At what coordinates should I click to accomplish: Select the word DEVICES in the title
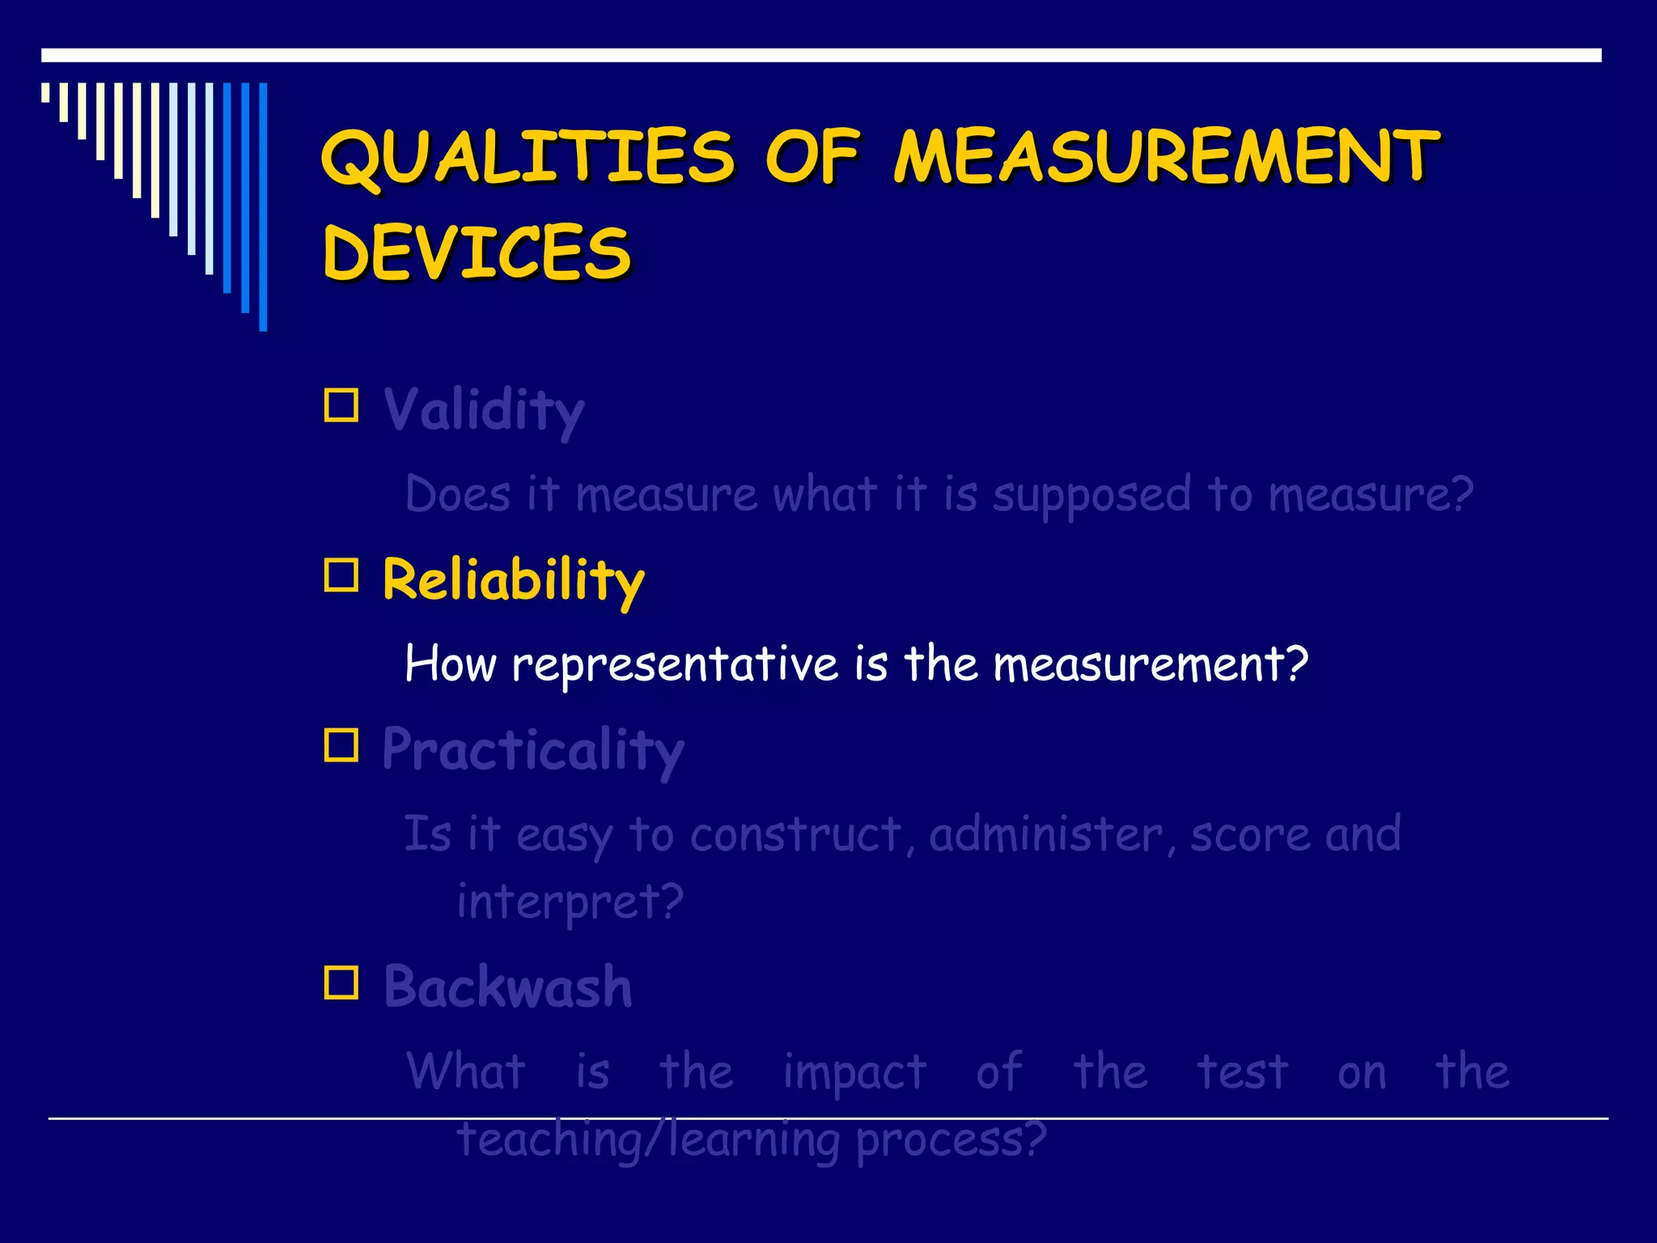pyautogui.click(x=477, y=253)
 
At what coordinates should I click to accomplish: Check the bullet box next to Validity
pyautogui.click(x=341, y=405)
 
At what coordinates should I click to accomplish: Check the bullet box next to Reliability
pyautogui.click(x=341, y=575)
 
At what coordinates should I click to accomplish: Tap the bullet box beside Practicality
pyautogui.click(x=341, y=745)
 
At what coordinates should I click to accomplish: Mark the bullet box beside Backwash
pyautogui.click(x=341, y=983)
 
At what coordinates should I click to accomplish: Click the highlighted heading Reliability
pyautogui.click(x=513, y=579)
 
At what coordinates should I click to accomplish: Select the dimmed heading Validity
pyautogui.click(x=483, y=409)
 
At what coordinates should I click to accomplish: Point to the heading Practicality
pyautogui.click(x=532, y=749)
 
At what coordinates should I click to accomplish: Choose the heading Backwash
pyautogui.click(x=507, y=987)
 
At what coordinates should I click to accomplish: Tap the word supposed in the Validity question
pyautogui.click(x=1092, y=495)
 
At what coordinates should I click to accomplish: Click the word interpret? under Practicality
pyautogui.click(x=570, y=901)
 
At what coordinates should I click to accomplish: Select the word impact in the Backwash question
pyautogui.click(x=854, y=1073)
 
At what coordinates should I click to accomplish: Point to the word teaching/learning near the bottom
pyautogui.click(x=648, y=1140)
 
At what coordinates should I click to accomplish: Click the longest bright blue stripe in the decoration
pyautogui.click(x=263, y=206)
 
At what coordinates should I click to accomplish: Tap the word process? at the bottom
pyautogui.click(x=951, y=1140)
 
